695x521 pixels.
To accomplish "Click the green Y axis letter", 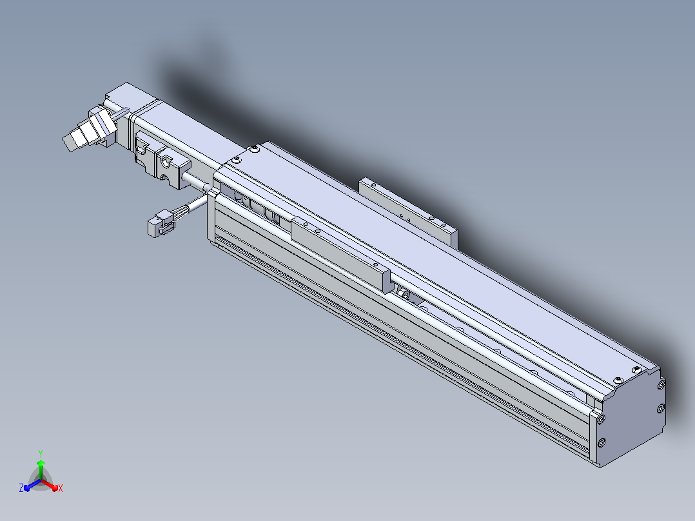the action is coord(41,453).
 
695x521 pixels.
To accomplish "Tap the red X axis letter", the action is coord(61,488).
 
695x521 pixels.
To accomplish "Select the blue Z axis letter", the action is coord(21,487).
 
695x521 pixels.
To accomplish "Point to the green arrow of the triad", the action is coord(41,469).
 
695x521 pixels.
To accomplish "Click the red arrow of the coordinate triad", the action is coord(50,485).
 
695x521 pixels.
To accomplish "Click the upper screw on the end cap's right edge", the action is coord(661,385).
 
